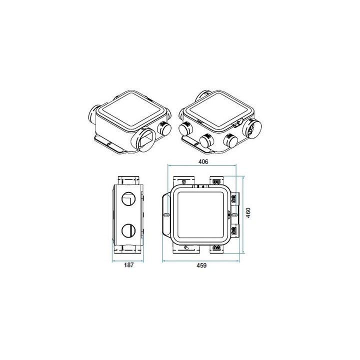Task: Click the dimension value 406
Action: pos(203,161)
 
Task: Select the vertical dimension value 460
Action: pos(248,213)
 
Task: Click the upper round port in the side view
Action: pos(128,198)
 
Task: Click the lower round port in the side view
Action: pos(128,230)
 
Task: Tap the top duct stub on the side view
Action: pos(128,179)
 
